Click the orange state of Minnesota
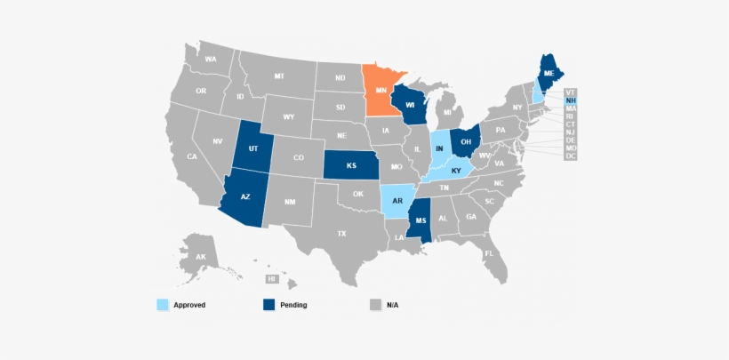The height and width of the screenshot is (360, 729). [x=381, y=92]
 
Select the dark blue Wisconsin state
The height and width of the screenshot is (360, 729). [x=410, y=104]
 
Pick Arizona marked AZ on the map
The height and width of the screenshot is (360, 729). [x=245, y=197]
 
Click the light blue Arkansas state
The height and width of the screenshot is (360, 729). [x=397, y=202]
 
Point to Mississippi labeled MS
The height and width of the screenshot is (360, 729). [x=421, y=220]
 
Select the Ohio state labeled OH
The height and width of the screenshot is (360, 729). [x=465, y=140]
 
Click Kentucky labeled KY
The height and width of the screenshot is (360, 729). [x=456, y=170]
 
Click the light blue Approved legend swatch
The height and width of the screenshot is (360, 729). [x=161, y=305]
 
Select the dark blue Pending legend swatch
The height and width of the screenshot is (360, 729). [x=268, y=305]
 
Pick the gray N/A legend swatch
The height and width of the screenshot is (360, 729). [x=374, y=305]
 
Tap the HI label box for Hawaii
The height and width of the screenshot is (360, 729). [x=271, y=279]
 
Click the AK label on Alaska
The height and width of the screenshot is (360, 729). [x=201, y=256]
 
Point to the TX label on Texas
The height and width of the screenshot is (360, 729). [x=340, y=233]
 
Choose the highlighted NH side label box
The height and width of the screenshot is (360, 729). [x=570, y=100]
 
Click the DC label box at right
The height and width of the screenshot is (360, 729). [x=570, y=156]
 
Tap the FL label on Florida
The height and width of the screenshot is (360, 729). [x=489, y=253]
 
